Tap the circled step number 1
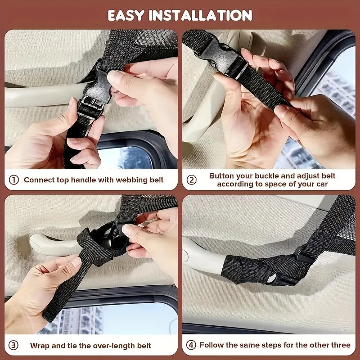pos(14,180)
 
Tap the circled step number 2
pos(192,180)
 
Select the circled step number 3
pos(14,346)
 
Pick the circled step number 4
pos(192,345)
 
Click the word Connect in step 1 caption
pos(39,180)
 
